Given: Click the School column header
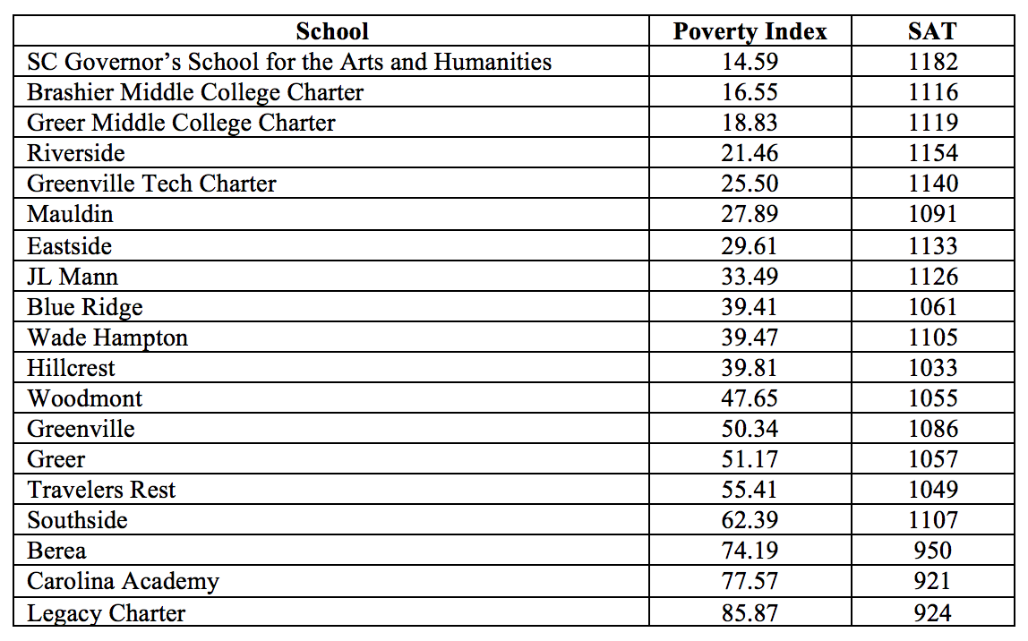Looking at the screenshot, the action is click(x=332, y=31).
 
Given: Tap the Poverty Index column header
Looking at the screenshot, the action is click(x=750, y=31).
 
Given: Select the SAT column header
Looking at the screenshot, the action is click(x=931, y=31).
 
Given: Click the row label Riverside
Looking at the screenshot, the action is click(x=76, y=153).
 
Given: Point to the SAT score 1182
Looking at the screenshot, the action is click(x=932, y=62).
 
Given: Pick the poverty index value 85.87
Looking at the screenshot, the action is click(x=750, y=613).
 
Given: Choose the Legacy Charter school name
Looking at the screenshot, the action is click(x=107, y=613).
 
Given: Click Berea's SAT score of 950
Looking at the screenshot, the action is click(x=932, y=551).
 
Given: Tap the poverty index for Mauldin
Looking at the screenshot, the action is click(x=750, y=214).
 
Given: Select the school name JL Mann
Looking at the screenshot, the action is click(x=73, y=277).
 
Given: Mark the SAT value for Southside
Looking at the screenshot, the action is click(x=932, y=520).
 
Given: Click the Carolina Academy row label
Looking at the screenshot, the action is click(x=123, y=582).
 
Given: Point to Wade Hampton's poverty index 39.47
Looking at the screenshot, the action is click(x=750, y=338).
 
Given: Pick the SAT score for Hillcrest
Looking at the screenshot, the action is click(x=932, y=368).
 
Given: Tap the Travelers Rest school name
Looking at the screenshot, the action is click(x=101, y=490).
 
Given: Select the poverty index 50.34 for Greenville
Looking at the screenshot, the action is click(x=750, y=429).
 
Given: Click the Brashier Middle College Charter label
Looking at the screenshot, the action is click(x=195, y=92).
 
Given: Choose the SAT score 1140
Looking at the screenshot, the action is click(x=932, y=184).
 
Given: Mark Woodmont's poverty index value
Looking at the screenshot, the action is click(x=750, y=398).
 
